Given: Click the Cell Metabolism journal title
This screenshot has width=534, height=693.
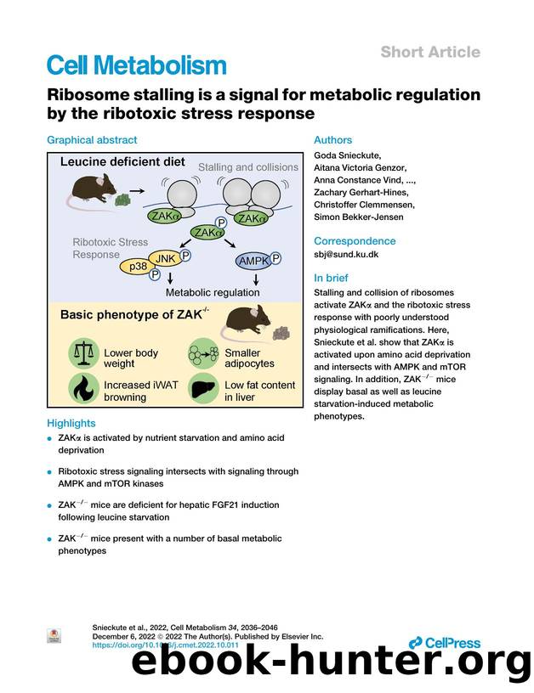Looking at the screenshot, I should (x=136, y=65).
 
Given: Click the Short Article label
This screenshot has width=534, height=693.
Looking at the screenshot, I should (x=429, y=53).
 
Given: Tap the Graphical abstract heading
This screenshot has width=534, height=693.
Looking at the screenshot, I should (x=92, y=140).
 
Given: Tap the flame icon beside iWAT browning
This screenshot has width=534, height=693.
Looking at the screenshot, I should (x=84, y=390).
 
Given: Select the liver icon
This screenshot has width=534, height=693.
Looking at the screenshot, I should (x=204, y=390).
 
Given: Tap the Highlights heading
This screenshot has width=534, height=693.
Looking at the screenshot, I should (x=71, y=423).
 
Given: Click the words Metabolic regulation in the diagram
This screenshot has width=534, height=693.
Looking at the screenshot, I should (x=213, y=292).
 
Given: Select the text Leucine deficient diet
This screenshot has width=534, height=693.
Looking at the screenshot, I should (x=124, y=161).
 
